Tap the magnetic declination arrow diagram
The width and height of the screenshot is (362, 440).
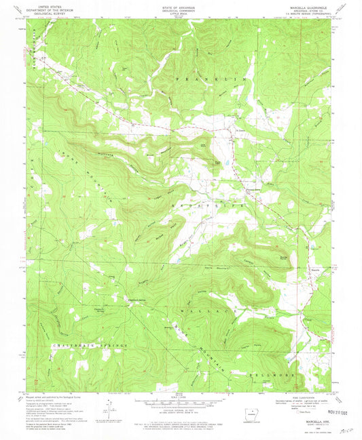[107, 409]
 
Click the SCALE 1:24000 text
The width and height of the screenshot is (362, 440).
[180, 398]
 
